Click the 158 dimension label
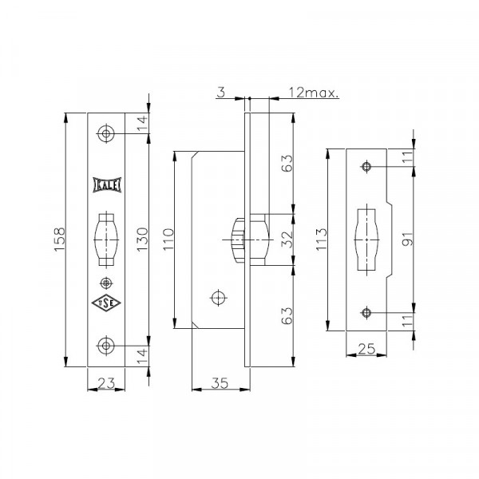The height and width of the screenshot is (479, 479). (60, 239)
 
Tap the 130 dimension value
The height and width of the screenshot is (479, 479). (142, 239)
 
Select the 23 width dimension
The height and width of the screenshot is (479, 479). (106, 382)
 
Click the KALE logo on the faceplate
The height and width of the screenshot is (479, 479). (107, 185)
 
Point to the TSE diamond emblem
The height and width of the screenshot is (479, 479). (106, 303)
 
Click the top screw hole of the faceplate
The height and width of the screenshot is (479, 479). (106, 133)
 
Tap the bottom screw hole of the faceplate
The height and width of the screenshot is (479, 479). (106, 346)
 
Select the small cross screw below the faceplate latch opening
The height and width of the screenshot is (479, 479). (106, 283)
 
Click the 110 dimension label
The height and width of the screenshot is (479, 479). (168, 239)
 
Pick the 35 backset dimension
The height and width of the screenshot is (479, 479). (220, 382)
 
